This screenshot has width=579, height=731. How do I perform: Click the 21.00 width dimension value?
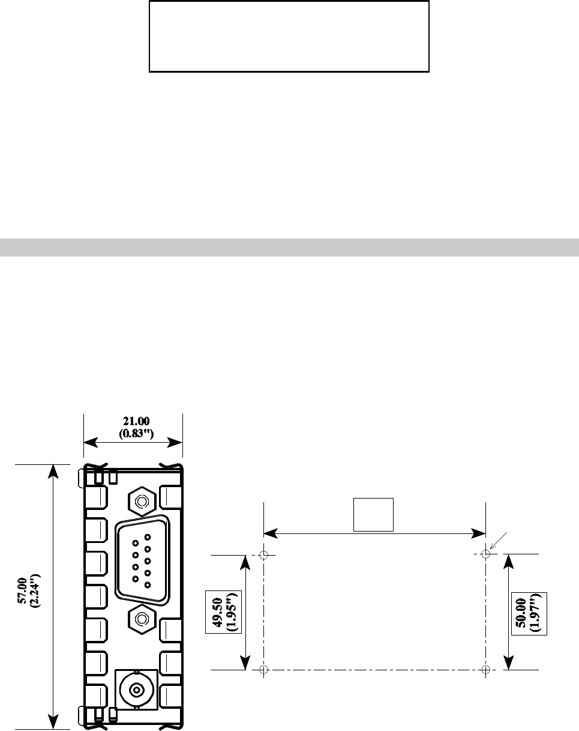136,421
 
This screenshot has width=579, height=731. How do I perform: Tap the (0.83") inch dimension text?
136,434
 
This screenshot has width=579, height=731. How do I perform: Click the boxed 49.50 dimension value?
217,612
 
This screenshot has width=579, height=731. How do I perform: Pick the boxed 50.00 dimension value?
520,613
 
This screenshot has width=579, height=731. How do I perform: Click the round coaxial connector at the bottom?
137,690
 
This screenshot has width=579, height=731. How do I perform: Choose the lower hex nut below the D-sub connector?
142,619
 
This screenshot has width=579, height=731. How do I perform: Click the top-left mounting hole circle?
264,555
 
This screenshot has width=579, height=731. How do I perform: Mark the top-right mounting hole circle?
485,554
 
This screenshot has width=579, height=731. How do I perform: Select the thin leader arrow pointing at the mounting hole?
498,541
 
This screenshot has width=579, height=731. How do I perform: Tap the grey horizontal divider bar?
289,247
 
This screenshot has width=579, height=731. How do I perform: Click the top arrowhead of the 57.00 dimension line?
53,471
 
